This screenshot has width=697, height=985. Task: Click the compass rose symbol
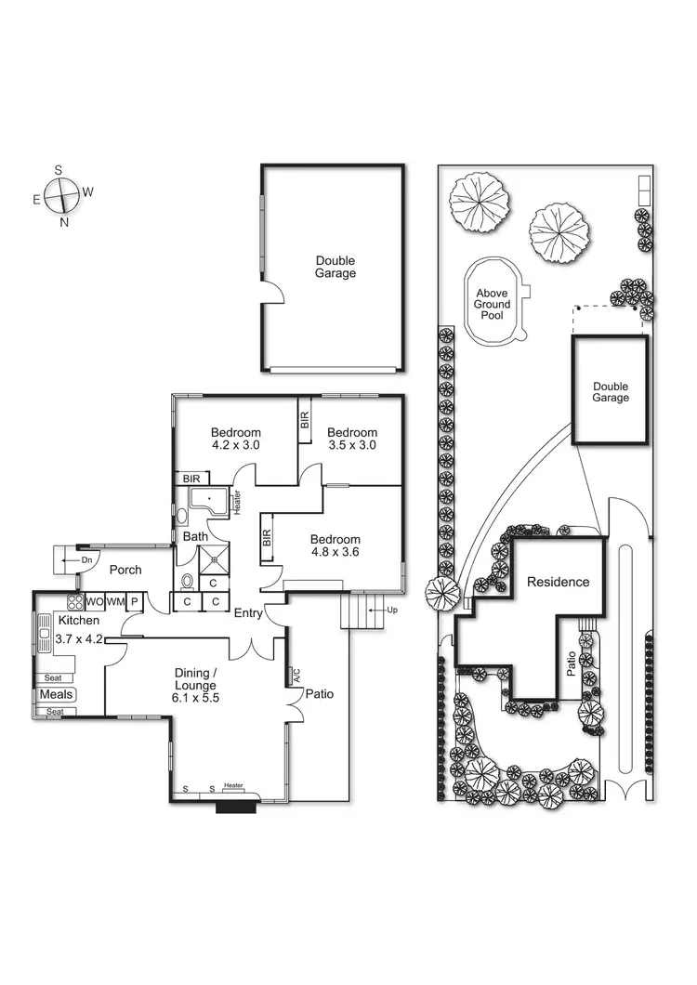click(62, 196)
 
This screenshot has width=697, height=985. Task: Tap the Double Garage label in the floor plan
click(335, 268)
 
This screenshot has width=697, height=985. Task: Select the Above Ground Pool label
click(492, 304)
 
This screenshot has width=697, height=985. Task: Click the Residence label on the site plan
click(558, 583)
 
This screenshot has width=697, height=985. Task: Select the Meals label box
click(57, 694)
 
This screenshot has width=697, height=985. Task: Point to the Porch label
click(125, 570)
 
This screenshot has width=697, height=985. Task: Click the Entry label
click(248, 612)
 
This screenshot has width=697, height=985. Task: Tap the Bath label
click(195, 537)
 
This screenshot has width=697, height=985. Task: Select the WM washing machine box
click(114, 602)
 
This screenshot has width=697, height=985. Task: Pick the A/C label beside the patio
click(296, 675)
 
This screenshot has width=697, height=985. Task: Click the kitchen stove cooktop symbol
click(75, 601)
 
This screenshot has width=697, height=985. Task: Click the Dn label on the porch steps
click(86, 560)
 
